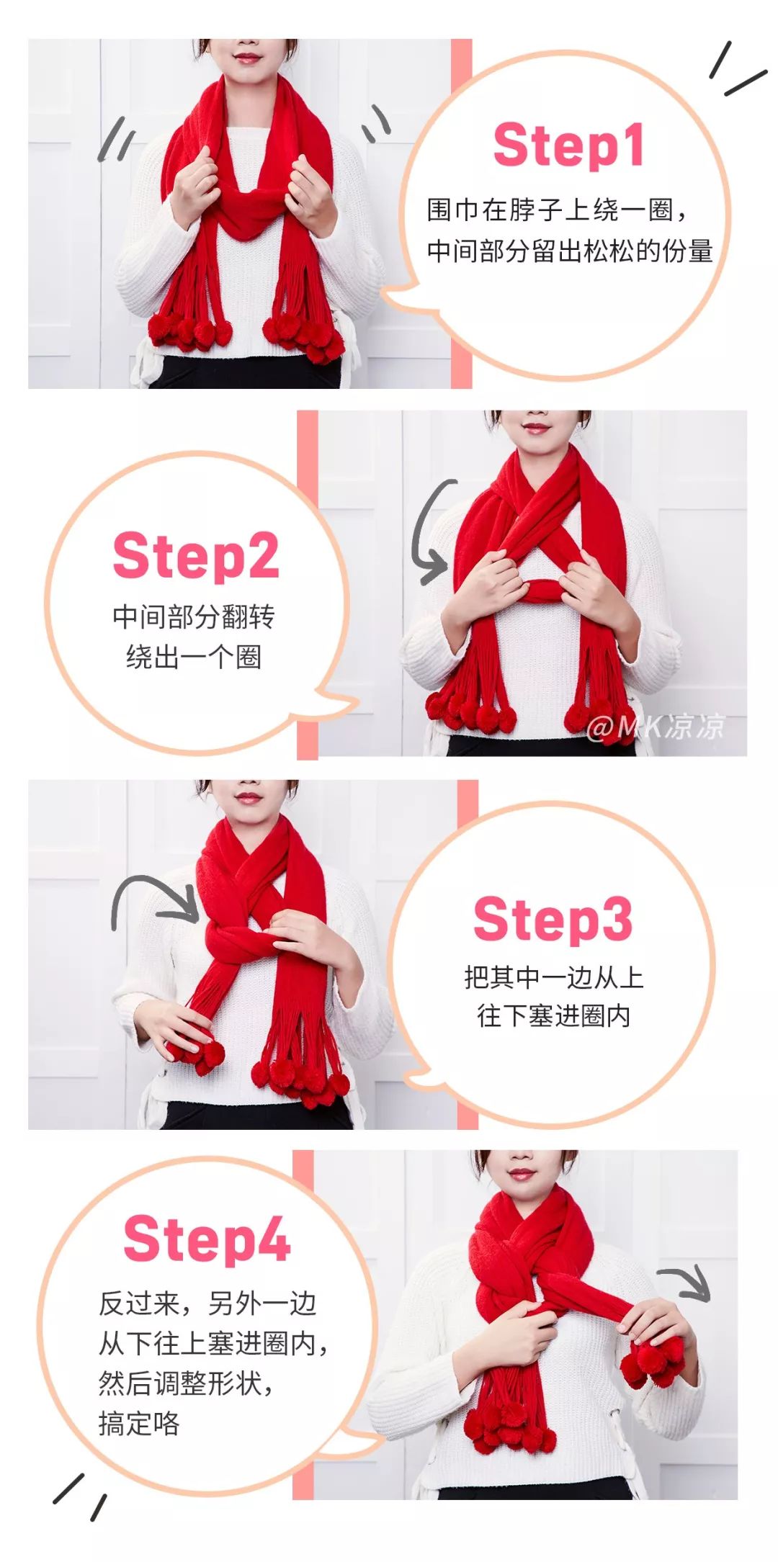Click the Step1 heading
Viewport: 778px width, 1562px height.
(568, 145)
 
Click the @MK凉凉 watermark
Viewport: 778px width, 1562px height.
(655, 727)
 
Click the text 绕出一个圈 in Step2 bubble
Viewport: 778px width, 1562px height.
(194, 657)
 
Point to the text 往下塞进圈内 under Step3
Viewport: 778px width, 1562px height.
(553, 1016)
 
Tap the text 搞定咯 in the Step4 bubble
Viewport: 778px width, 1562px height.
(139, 1423)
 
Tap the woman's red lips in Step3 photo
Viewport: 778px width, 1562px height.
(248, 798)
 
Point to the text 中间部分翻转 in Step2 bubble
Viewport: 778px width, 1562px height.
(194, 616)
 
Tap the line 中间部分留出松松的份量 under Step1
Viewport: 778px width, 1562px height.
(570, 251)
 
